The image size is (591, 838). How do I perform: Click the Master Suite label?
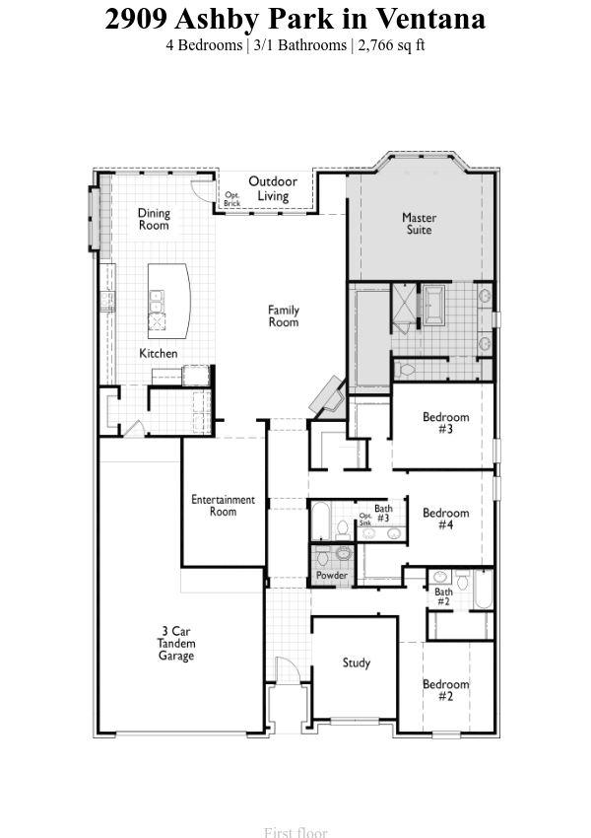tap(419, 224)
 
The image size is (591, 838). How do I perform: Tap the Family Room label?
tap(284, 315)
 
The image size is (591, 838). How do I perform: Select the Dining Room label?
tap(154, 219)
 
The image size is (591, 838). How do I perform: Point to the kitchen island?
tap(168, 301)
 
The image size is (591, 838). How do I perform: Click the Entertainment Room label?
tap(224, 506)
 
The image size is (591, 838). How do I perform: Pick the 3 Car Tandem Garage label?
tap(176, 644)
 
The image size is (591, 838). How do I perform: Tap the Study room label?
tap(357, 663)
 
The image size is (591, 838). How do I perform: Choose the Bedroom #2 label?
tap(446, 690)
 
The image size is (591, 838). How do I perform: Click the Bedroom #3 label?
tap(446, 423)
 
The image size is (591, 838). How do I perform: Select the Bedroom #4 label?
tap(446, 519)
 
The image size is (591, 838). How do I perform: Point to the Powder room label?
tap(332, 576)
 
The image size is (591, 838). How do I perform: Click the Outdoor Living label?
tap(273, 188)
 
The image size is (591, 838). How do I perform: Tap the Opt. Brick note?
tap(232, 199)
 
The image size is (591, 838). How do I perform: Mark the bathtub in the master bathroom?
tap(433, 305)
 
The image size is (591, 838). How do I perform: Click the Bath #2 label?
tap(443, 596)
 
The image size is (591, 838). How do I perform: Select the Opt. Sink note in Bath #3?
tap(365, 519)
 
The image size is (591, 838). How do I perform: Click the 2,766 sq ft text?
tap(391, 45)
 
